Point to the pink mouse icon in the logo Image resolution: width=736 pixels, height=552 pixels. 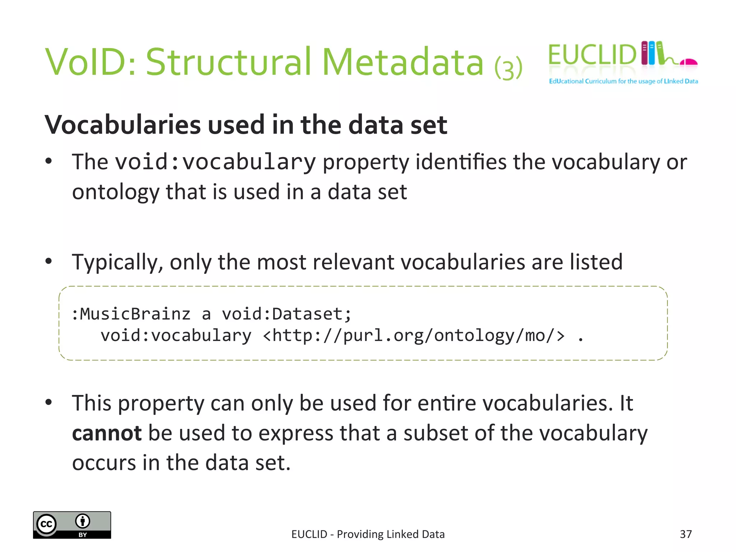pyautogui.click(x=689, y=63)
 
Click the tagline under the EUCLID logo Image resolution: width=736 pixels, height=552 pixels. pyautogui.click(x=623, y=81)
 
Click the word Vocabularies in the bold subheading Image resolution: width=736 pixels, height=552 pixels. pyautogui.click(x=123, y=125)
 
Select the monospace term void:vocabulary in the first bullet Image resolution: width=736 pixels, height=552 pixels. pyautogui.click(x=216, y=162)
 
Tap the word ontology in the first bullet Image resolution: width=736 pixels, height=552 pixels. pyautogui.click(x=115, y=192)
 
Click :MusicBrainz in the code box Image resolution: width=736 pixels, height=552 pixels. pyautogui.click(x=131, y=314)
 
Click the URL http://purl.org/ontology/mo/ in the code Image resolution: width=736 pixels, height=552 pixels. pyautogui.click(x=414, y=336)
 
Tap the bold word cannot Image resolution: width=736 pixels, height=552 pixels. pyautogui.click(x=107, y=433)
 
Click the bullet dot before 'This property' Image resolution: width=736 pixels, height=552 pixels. pyautogui.click(x=49, y=402)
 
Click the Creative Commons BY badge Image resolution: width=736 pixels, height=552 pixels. pyautogui.click(x=72, y=525)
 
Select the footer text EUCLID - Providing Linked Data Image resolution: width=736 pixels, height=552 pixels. pyautogui.click(x=368, y=534)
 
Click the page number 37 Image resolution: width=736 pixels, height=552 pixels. pyautogui.click(x=686, y=534)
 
